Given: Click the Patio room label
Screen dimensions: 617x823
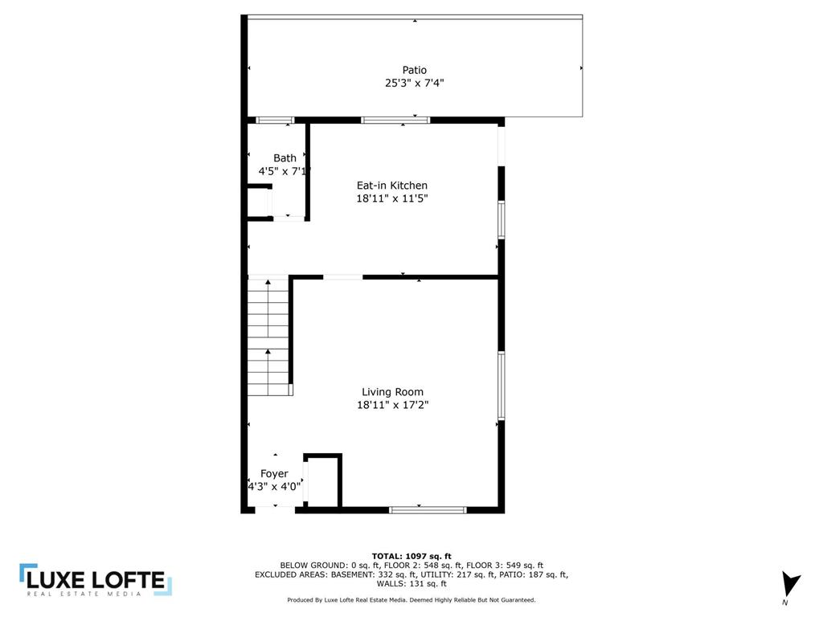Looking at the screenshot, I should [415, 70].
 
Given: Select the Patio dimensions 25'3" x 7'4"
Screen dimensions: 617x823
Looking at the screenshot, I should [415, 83].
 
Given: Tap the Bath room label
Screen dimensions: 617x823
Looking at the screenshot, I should [285, 158].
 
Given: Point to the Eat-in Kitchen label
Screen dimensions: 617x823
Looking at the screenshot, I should [392, 186].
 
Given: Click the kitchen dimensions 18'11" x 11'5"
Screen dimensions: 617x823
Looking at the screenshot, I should [392, 198].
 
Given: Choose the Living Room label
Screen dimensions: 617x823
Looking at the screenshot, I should [392, 392].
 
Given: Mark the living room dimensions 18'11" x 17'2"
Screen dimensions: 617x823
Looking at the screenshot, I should [392, 406].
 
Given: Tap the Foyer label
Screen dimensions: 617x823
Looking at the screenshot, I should [274, 474].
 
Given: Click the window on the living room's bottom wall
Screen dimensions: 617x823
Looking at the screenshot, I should [428, 509].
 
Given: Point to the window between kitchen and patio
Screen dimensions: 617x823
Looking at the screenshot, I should [395, 121].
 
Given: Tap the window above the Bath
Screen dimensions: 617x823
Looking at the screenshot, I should [275, 121].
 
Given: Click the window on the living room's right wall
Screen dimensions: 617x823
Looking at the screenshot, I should [501, 386].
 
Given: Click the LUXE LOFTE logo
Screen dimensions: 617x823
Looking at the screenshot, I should [96, 581].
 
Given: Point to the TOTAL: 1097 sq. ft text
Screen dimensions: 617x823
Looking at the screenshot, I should [411, 556].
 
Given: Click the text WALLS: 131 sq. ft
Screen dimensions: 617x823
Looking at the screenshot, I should [411, 584].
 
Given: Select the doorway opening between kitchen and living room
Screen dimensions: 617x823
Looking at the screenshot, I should [343, 277].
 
